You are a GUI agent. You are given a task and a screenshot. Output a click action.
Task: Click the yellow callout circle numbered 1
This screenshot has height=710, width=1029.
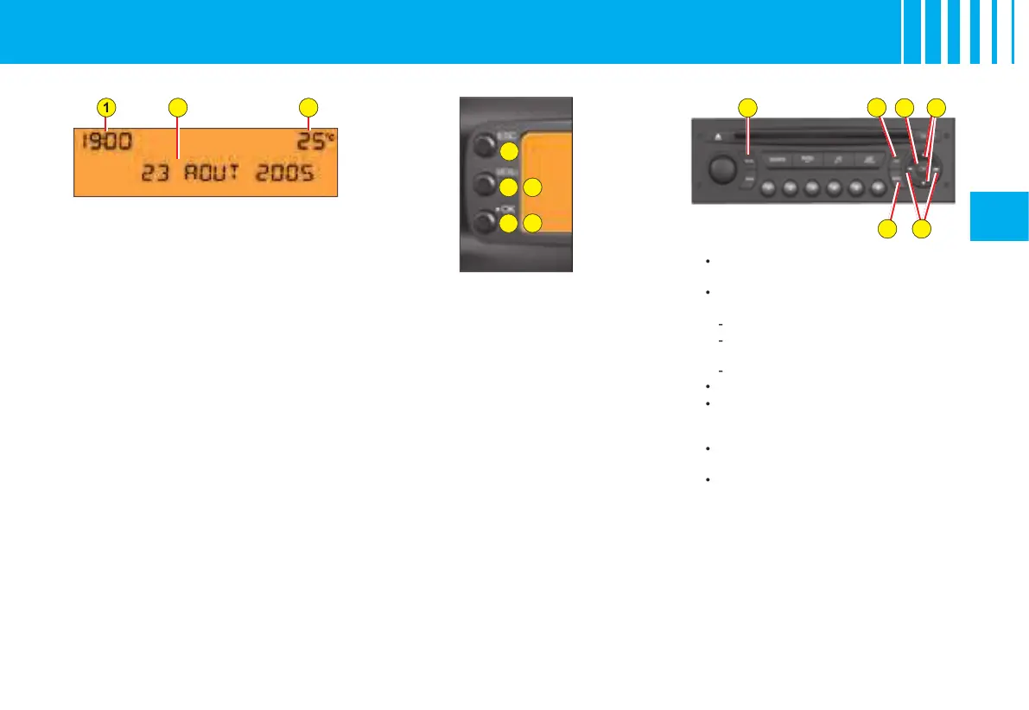pos(105,107)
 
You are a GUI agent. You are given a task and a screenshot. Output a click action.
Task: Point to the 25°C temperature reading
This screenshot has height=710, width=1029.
pos(308,141)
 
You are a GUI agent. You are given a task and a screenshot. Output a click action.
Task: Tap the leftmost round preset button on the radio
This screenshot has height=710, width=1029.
pos(769,187)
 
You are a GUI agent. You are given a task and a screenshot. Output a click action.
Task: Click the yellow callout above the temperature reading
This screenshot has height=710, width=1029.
pos(308,107)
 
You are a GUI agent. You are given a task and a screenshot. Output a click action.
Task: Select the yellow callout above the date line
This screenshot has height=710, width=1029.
pos(177,107)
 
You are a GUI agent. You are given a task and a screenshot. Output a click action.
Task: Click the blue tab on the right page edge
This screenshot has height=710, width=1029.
pos(1000,216)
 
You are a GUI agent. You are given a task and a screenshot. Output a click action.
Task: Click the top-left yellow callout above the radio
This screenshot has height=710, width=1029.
pos(748,107)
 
